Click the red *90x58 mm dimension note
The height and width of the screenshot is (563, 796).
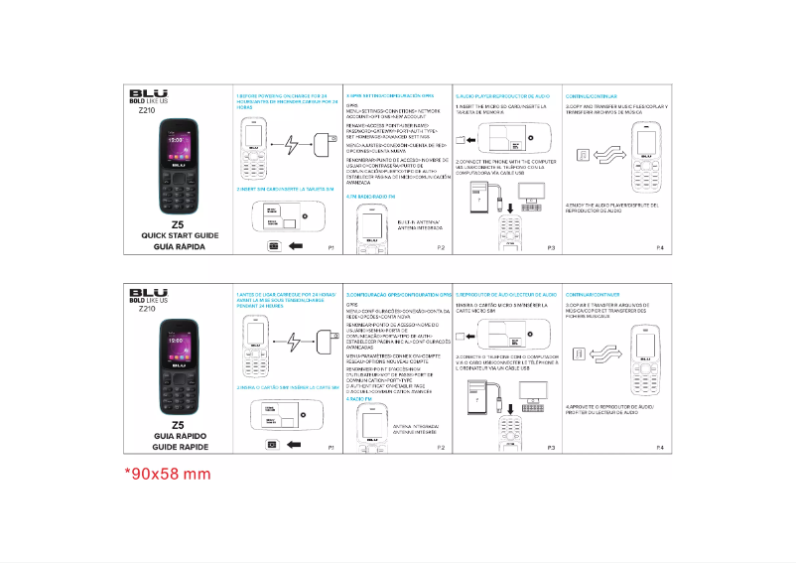pyautogui.click(x=168, y=474)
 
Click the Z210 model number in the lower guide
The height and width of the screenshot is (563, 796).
pyautogui.click(x=147, y=309)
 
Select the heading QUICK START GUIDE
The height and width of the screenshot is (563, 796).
pyautogui.click(x=178, y=235)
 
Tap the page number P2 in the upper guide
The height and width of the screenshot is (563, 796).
pyautogui.click(x=440, y=246)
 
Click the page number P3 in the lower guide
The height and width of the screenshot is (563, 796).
pyautogui.click(x=550, y=448)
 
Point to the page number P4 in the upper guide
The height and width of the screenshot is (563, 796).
pyautogui.click(x=659, y=246)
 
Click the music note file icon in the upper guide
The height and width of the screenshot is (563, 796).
pyautogui.click(x=584, y=154)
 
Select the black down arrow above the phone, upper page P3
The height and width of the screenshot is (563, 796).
pyautogui.click(x=509, y=207)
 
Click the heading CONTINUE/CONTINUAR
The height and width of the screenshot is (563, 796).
pyautogui.click(x=592, y=95)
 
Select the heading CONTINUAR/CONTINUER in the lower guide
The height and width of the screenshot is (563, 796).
pyautogui.click(x=594, y=296)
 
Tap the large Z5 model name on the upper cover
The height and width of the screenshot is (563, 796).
pyautogui.click(x=178, y=223)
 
